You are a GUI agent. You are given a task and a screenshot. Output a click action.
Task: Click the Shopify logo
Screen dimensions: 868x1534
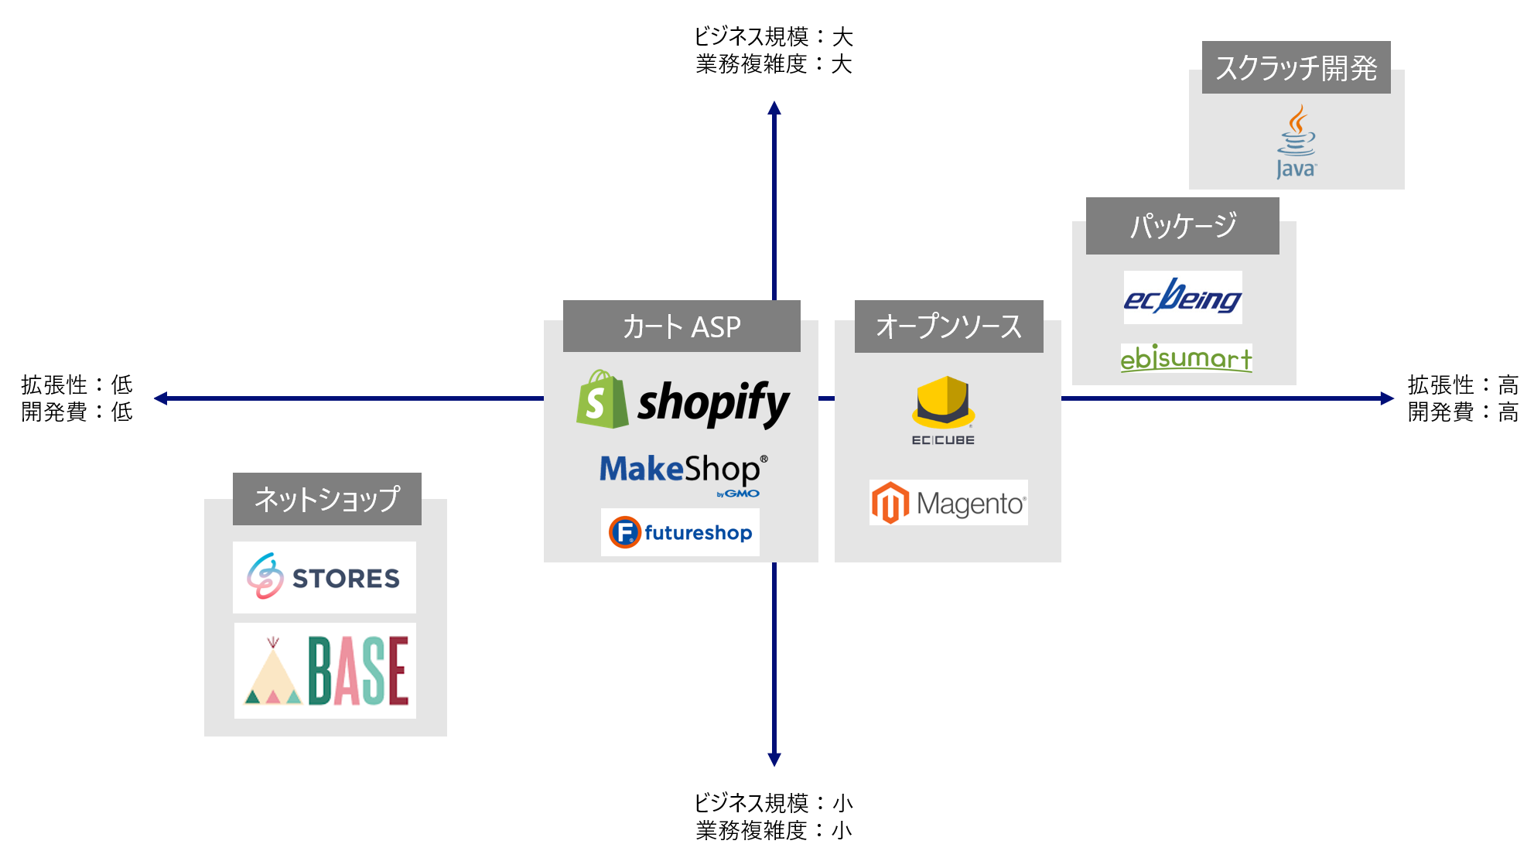(x=683, y=401)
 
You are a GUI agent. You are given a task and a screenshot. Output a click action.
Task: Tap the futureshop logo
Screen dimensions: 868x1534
(x=680, y=532)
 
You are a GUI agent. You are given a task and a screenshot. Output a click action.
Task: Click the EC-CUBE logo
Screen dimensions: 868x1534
(x=943, y=410)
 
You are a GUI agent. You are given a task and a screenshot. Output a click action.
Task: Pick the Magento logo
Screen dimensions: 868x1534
(x=948, y=503)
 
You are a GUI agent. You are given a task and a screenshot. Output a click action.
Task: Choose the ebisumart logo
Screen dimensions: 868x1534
(x=1186, y=358)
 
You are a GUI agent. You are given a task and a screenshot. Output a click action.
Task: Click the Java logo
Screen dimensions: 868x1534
(x=1296, y=142)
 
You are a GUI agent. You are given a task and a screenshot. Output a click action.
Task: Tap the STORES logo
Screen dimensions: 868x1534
(x=324, y=577)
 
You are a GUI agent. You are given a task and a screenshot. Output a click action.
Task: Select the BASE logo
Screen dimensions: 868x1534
(x=325, y=670)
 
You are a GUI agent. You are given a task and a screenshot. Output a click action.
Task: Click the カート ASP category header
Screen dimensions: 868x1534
(x=682, y=326)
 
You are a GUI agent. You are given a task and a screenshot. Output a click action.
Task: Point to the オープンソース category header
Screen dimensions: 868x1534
(x=948, y=326)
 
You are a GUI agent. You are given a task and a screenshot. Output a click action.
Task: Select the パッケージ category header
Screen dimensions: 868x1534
(x=1182, y=226)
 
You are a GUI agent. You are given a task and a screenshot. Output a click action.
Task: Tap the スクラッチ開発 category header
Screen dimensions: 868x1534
(x=1296, y=68)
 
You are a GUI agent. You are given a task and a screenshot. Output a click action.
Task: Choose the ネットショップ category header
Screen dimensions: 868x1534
(x=326, y=499)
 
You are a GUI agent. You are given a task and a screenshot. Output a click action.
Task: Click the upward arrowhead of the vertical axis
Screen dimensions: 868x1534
(x=774, y=108)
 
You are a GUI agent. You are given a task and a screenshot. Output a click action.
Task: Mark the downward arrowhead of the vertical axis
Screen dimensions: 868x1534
(x=774, y=759)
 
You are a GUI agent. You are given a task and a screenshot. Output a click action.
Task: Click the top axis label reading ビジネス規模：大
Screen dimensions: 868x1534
(x=774, y=36)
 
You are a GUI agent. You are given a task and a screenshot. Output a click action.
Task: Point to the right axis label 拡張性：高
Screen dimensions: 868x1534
(x=1463, y=384)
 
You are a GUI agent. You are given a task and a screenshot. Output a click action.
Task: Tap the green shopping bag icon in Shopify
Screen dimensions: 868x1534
(x=602, y=399)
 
